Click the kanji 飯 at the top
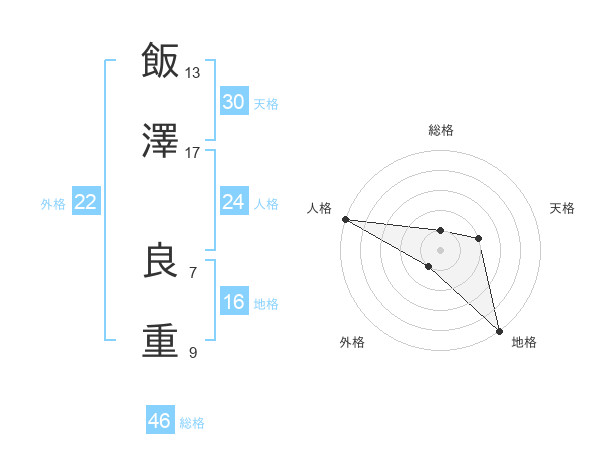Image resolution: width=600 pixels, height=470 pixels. pyautogui.click(x=161, y=60)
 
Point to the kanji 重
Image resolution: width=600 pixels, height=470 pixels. pyautogui.click(x=161, y=339)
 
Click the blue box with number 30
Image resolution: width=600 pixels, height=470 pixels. pyautogui.click(x=233, y=102)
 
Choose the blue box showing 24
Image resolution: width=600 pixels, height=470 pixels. pyautogui.click(x=233, y=202)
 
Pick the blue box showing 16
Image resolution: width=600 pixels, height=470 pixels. pyautogui.click(x=233, y=302)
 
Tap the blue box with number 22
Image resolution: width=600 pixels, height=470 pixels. pyautogui.click(x=86, y=202)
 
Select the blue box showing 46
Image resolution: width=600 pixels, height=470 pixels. pyautogui.click(x=160, y=421)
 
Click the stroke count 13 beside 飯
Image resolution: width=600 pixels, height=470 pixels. pyautogui.click(x=193, y=73)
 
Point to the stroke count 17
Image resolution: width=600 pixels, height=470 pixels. pyautogui.click(x=193, y=152)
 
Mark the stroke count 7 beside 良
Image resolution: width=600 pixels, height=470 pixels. pyautogui.click(x=193, y=272)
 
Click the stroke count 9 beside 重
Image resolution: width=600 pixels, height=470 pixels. pyautogui.click(x=193, y=352)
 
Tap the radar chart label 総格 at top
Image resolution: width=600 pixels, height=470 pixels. pyautogui.click(x=441, y=130)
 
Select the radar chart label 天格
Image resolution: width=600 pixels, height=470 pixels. pyautogui.click(x=563, y=208)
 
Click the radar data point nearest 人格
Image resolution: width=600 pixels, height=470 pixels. pyautogui.click(x=345, y=219)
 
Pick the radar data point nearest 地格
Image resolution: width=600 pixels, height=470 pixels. pyautogui.click(x=499, y=329)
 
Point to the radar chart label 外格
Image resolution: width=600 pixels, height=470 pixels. pyautogui.click(x=352, y=342)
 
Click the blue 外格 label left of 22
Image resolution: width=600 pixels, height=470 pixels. pyautogui.click(x=53, y=203)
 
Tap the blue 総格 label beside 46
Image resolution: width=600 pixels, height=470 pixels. pyautogui.click(x=192, y=423)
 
